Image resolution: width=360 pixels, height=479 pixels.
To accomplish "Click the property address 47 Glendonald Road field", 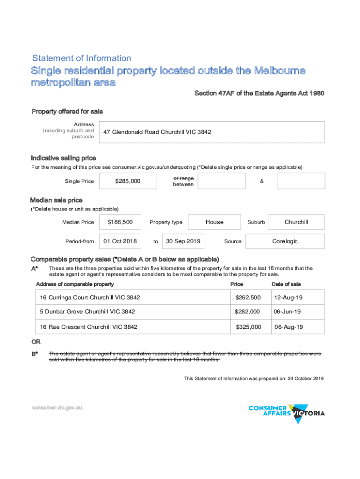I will click(x=158, y=132).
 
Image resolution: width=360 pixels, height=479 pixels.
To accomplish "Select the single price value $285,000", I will click(x=128, y=181).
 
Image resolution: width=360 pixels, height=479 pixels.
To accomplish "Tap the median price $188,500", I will click(x=120, y=222).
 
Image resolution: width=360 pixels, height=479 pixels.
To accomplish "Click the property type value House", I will click(x=214, y=222).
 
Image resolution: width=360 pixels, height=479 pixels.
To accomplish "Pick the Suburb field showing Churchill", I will click(x=296, y=222).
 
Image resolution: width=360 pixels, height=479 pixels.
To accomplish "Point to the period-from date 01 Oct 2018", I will click(x=120, y=241).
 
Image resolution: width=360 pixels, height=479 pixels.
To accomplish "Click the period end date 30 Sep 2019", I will click(x=183, y=241).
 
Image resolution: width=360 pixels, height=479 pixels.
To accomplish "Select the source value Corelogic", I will click(x=285, y=241).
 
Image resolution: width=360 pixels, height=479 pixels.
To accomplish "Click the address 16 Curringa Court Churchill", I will click(x=90, y=298).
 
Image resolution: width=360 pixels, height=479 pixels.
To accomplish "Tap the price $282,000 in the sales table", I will click(x=247, y=312).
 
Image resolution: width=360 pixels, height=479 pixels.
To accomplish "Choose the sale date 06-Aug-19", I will click(x=288, y=327).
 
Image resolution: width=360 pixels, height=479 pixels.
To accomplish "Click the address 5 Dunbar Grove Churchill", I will click(x=87, y=312).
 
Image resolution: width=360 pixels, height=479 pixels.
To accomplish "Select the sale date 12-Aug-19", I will click(x=288, y=298).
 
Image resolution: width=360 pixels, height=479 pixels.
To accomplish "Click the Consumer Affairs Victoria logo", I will click(x=287, y=413).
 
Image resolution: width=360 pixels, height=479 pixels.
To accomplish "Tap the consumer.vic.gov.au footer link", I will click(x=57, y=407).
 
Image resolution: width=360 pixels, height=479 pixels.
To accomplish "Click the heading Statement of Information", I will click(x=81, y=58).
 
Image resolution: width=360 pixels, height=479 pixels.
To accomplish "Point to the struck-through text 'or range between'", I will click(x=183, y=181).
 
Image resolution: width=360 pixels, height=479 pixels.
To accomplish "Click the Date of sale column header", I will click(x=286, y=284).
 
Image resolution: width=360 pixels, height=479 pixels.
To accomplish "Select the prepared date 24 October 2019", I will click(x=305, y=378).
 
